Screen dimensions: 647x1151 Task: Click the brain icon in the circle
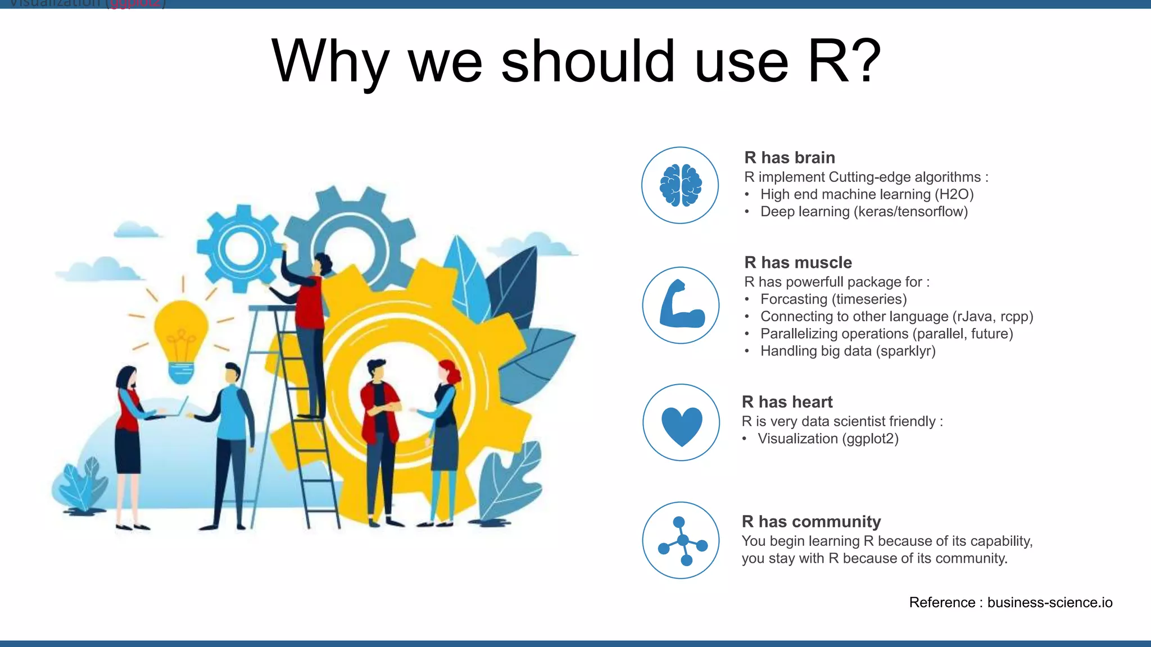pyautogui.click(x=681, y=185)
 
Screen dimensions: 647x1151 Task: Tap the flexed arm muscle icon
pyautogui.click(x=680, y=305)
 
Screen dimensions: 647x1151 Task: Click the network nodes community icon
pyautogui.click(x=682, y=541)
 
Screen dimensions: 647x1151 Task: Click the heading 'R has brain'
pyautogui.click(x=789, y=158)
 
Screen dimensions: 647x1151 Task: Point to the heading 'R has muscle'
pyautogui.click(x=797, y=263)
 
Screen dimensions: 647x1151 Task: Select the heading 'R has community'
pyautogui.click(x=811, y=522)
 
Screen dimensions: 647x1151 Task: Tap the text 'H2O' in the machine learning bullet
pyautogui.click(x=954, y=194)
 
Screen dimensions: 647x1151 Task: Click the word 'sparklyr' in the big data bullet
pyautogui.click(x=905, y=351)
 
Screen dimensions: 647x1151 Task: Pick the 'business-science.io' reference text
pyautogui.click(x=1049, y=603)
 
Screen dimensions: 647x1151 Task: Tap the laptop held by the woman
pyautogui.click(x=177, y=408)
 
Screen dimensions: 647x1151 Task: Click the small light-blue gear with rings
pyautogui.click(x=241, y=248)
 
